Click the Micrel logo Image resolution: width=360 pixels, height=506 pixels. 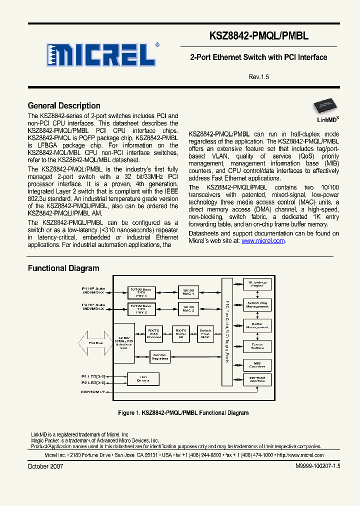(103, 54)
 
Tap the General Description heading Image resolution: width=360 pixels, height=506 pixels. (64, 105)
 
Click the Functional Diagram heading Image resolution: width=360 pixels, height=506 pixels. (63, 268)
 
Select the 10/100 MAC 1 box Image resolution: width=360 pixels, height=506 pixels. (188, 292)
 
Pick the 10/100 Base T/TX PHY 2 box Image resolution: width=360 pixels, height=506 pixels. (141, 309)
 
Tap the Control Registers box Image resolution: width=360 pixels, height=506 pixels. (160, 357)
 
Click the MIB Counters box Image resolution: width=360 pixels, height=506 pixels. (257, 364)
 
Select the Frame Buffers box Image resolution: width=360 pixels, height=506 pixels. (257, 346)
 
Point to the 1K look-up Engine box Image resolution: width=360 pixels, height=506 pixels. (257, 284)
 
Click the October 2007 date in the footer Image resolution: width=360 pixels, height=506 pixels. (45, 466)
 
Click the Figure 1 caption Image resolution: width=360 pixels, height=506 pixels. (183, 412)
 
